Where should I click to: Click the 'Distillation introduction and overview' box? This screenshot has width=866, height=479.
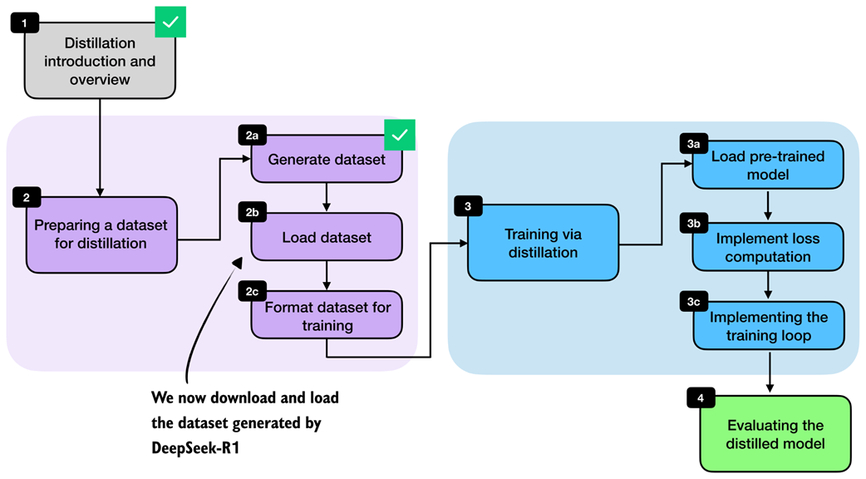point(99,62)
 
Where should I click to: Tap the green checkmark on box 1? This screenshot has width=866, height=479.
point(170,22)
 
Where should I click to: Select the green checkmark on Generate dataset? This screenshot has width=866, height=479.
point(400,135)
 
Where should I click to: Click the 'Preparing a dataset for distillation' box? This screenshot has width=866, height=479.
point(101,235)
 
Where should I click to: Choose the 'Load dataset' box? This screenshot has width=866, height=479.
point(327,238)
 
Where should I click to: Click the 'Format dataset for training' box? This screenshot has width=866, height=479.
point(327,316)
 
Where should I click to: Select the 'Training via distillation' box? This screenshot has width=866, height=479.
point(542,242)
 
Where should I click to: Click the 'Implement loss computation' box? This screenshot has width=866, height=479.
point(768,247)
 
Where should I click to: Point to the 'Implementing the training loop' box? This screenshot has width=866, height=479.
point(768,327)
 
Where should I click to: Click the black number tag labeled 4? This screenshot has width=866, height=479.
point(701,398)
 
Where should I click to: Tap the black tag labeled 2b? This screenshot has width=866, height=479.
point(252,213)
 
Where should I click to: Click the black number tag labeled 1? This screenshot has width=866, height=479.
point(24,22)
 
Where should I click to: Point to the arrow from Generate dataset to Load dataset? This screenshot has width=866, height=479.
point(327,198)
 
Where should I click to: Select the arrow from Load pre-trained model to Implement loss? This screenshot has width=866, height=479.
point(768,206)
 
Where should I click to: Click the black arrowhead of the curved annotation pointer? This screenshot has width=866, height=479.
point(237,264)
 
